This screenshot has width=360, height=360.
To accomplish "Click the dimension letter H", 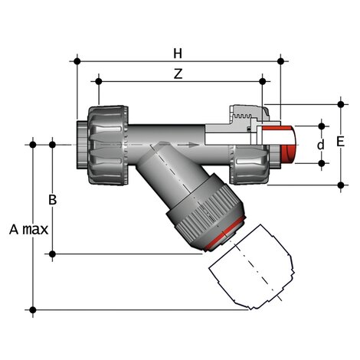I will tap(178, 53).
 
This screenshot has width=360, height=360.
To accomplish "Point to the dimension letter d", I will tap(321, 143).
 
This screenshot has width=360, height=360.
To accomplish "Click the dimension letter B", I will tap(52, 200).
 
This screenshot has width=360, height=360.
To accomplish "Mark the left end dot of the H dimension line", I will tap(77, 60).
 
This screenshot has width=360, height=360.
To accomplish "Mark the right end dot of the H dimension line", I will tap(281, 60).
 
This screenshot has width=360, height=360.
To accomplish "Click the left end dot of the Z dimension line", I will tap(98, 80).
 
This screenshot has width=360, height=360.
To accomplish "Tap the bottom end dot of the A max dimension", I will tap(33, 309).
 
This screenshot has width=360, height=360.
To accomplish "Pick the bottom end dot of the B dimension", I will tap(52, 254).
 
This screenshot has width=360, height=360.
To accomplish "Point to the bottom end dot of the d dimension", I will tap(322, 163).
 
